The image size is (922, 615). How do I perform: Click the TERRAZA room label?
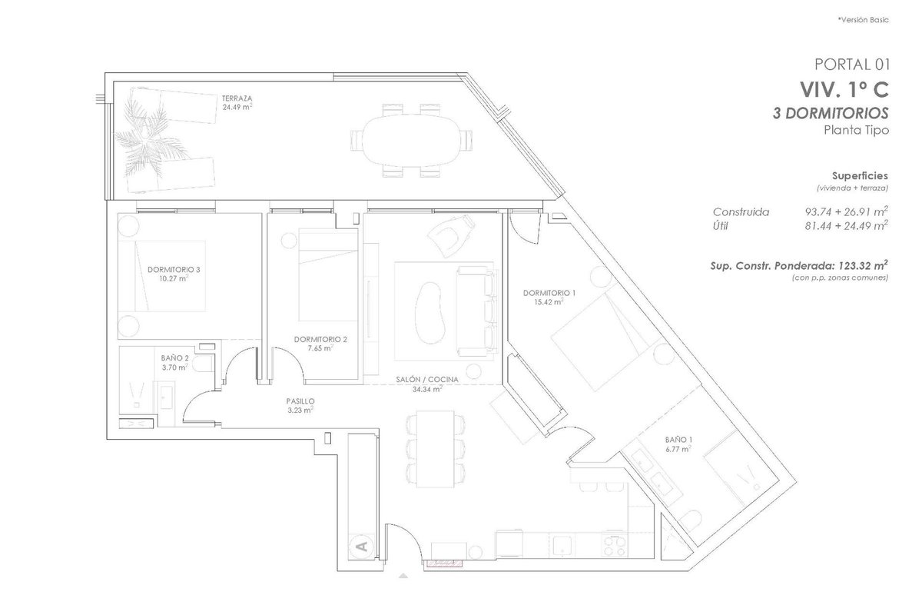coord(237,98)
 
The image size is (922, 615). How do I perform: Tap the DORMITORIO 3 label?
coord(174,270)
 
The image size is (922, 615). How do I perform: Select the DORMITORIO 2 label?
coord(320,340)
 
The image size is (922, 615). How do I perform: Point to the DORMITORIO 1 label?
coord(549,293)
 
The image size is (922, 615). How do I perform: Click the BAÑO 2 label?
coord(174,358)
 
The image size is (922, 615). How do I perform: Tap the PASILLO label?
coord(300,401)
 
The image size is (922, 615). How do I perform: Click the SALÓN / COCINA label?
coord(427,380)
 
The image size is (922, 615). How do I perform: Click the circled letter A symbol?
coord(362,547)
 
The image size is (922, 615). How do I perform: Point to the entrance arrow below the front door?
coord(403,576)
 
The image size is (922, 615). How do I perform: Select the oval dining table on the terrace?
coord(412,140)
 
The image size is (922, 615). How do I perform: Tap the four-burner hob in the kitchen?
coord(615,546)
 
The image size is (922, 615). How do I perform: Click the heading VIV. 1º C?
coord(844,90)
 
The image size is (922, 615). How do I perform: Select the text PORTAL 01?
coord(852,65)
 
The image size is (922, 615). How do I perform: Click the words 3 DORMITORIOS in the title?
coord(831,113)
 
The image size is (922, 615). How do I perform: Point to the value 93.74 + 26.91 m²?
coord(846,211)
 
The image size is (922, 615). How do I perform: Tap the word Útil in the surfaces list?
coord(721,226)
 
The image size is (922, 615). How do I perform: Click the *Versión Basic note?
coord(863,20)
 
